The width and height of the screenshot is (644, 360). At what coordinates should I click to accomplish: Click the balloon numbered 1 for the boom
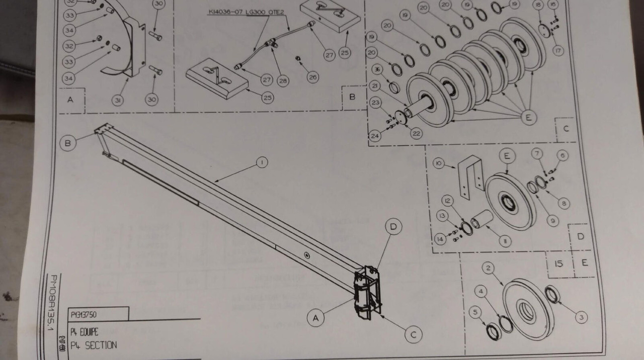coord(261,162)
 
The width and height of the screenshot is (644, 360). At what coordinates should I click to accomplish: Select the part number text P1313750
coord(84,315)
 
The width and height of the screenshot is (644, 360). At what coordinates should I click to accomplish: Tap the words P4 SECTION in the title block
coord(94,345)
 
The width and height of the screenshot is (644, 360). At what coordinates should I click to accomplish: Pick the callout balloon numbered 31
coord(118,101)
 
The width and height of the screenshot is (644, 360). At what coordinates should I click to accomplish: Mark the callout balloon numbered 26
coord(312,77)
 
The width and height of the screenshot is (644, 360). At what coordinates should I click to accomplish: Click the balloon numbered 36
coord(377,69)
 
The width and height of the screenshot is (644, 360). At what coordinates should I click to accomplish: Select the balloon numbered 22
coord(416,133)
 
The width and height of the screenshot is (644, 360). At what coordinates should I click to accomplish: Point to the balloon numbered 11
coord(505,242)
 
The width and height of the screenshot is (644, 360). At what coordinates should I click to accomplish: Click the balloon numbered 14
coord(441,239)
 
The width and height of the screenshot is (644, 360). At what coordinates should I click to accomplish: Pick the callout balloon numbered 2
coord(488,267)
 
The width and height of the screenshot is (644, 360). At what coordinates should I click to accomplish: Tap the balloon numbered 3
coord(581,317)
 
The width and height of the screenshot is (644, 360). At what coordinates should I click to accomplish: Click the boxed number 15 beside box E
coord(558,263)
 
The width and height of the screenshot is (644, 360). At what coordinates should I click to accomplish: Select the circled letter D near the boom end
coord(393,227)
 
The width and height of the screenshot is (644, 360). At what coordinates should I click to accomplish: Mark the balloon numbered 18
coord(539,5)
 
